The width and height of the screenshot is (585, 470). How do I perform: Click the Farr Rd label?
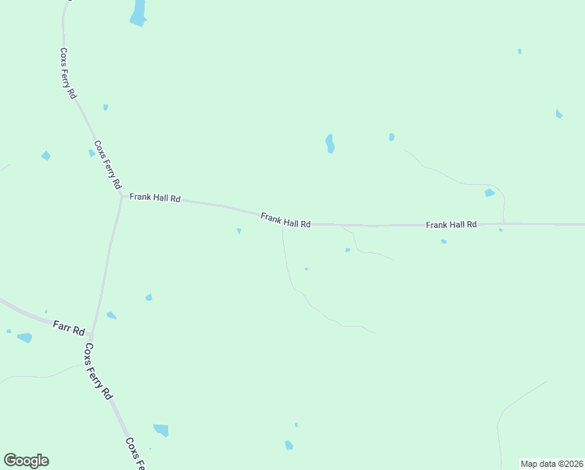point(69,327)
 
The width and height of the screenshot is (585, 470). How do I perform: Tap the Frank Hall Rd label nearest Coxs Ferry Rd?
point(155,198)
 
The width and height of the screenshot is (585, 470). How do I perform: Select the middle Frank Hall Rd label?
point(285,220)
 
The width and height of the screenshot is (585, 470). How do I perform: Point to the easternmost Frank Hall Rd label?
point(451,225)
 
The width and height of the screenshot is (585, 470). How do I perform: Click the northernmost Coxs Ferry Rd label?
point(68,73)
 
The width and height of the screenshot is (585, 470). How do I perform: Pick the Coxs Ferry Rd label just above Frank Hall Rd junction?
point(107,164)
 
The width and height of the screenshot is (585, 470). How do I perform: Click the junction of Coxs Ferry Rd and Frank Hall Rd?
point(121,196)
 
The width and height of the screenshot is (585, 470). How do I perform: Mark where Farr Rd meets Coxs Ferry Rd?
point(92,335)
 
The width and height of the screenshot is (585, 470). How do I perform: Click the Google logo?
point(26,461)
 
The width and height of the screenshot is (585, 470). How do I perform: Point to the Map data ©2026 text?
point(552,464)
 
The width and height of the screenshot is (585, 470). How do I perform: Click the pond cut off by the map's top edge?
point(138,13)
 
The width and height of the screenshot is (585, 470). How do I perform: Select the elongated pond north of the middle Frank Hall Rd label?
point(330,143)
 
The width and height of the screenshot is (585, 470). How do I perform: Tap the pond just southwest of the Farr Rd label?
point(25,338)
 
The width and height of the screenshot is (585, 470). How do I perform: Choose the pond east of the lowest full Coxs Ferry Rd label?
point(160,429)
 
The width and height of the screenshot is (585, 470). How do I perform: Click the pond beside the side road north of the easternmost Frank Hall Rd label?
point(490,193)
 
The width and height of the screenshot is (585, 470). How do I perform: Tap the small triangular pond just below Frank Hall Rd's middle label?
point(239,231)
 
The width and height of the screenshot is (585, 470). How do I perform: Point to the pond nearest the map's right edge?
point(558,114)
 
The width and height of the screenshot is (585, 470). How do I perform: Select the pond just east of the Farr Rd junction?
point(112,316)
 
